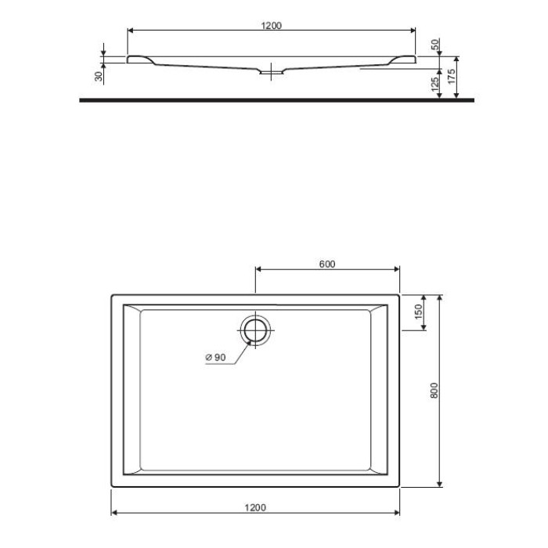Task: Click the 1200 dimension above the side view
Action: click(271, 25)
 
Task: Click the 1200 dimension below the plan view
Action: click(255, 507)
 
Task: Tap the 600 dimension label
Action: click(327, 264)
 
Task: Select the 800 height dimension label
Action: click(436, 389)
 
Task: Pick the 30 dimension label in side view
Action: click(98, 76)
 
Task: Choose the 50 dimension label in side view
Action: click(435, 45)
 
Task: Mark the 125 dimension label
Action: click(435, 85)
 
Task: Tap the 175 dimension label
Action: click(452, 77)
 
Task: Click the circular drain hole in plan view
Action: click(254, 329)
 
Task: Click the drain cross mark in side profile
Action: click(271, 70)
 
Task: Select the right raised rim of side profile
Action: click(404, 59)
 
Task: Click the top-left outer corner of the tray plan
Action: click(112, 295)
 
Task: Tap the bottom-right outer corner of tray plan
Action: click(399, 486)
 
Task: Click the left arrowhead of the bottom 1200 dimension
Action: click(114, 514)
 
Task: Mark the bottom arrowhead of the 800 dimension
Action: click(443, 483)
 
